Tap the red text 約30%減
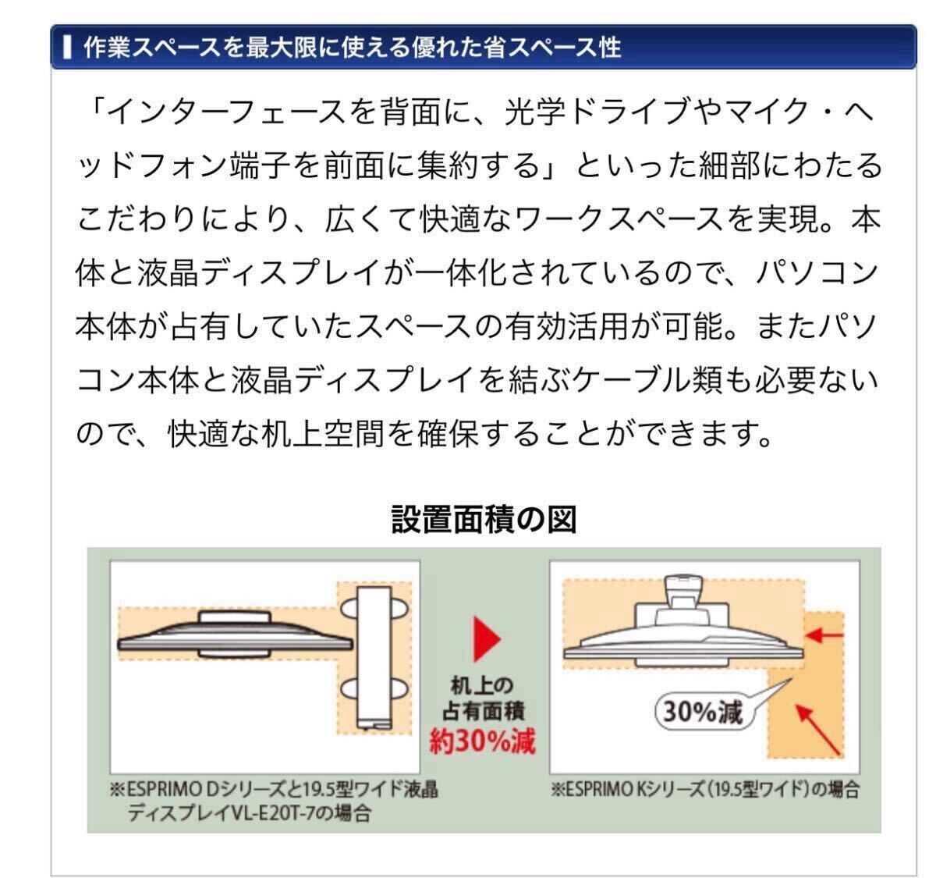point(483,739)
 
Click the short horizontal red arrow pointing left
point(825,635)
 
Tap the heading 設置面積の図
point(484,520)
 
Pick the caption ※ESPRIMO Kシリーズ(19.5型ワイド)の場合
point(704,789)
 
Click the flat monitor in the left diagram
point(234,638)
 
